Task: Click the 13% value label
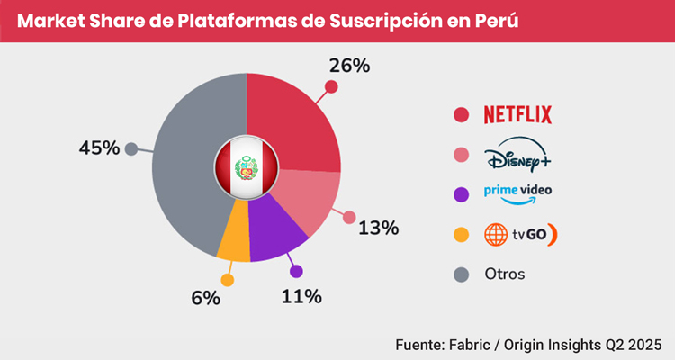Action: click(x=379, y=228)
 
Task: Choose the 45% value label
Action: click(x=99, y=148)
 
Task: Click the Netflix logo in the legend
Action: click(x=517, y=114)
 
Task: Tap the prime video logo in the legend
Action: click(x=517, y=193)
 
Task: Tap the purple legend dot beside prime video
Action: click(x=462, y=193)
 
